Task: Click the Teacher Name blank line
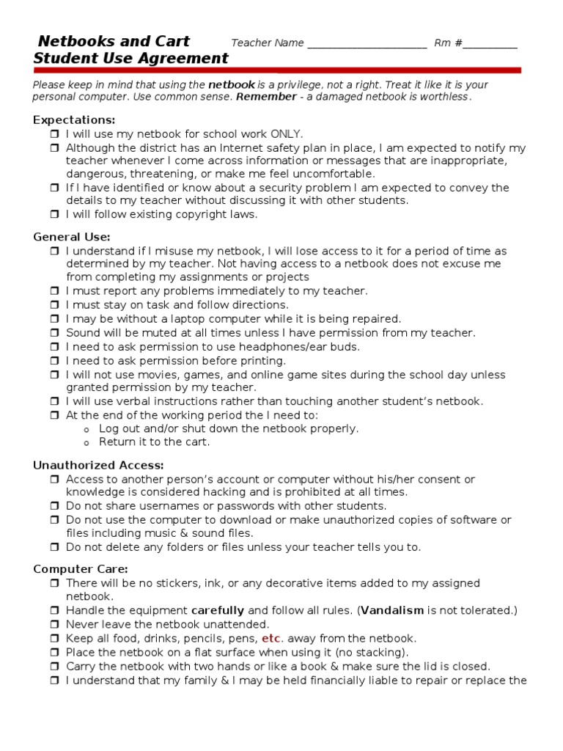click(367, 44)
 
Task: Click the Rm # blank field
click(490, 44)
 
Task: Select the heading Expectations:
click(74, 120)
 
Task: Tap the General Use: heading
click(72, 236)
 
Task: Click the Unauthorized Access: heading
click(98, 465)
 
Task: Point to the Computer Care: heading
click(81, 568)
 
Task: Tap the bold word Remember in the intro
click(266, 97)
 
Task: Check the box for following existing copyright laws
click(55, 215)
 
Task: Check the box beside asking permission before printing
click(55, 361)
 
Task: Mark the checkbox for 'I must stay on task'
click(55, 305)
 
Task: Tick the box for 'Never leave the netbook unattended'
click(55, 625)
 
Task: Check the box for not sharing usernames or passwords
click(55, 506)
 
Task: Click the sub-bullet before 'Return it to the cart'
click(87, 443)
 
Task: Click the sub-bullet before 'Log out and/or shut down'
click(87, 429)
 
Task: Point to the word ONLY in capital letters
click(286, 133)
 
